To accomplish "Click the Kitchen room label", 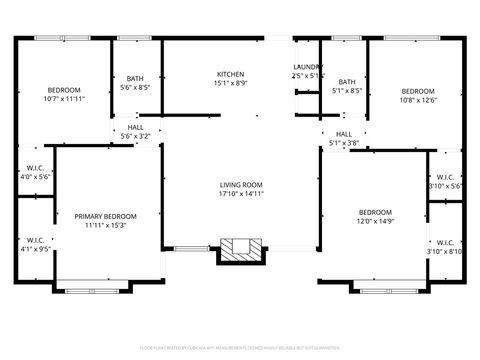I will pyautogui.click(x=231, y=75).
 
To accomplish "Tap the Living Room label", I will pyautogui.click(x=241, y=185).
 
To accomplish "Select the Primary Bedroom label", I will pyautogui.click(x=105, y=216).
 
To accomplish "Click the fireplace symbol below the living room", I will pyautogui.click(x=240, y=250).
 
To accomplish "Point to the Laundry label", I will pyautogui.click(x=308, y=67).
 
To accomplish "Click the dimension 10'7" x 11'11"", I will pyautogui.click(x=64, y=99).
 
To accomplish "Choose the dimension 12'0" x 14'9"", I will pyautogui.click(x=375, y=221).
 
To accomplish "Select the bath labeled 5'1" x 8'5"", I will pyautogui.click(x=347, y=83).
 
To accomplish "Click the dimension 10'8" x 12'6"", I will pyautogui.click(x=418, y=99).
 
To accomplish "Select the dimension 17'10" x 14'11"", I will pyautogui.click(x=241, y=194).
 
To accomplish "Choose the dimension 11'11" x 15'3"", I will pyautogui.click(x=105, y=225).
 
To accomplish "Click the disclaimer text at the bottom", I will pyautogui.click(x=240, y=347).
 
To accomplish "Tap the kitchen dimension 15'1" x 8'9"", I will pyautogui.click(x=231, y=84).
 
